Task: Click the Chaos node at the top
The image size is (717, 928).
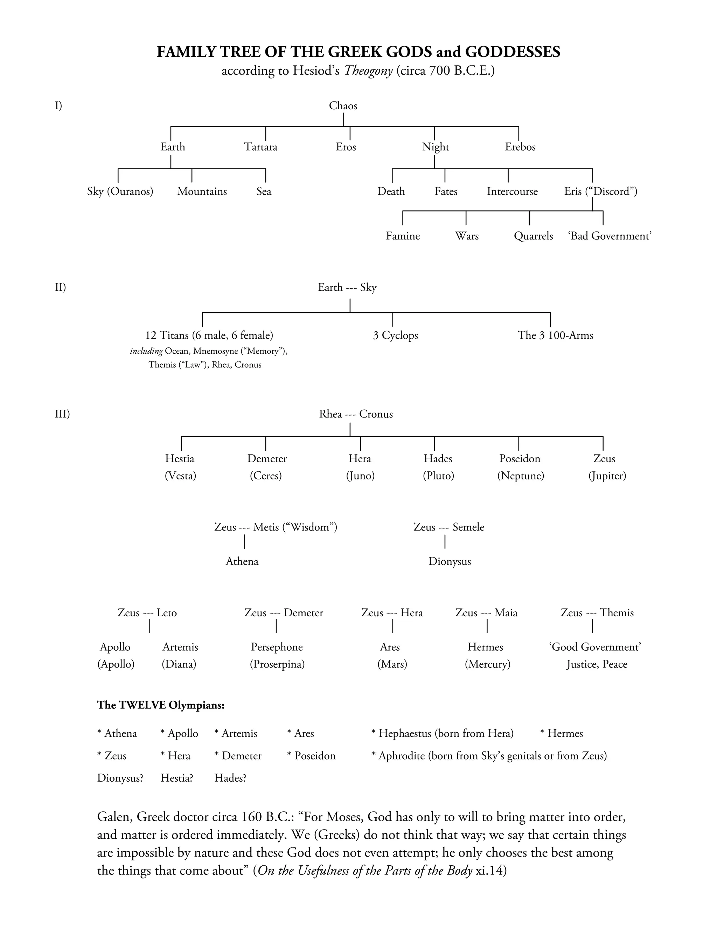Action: [x=343, y=106]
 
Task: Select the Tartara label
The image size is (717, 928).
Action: [x=260, y=147]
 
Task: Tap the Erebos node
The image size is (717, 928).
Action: [x=520, y=147]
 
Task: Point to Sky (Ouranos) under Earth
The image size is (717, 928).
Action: [x=120, y=192]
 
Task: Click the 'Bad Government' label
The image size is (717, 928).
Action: [x=610, y=236]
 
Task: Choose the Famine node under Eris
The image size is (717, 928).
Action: [x=402, y=236]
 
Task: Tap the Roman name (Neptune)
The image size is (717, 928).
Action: [x=520, y=476]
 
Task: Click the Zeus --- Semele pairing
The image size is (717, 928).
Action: [x=448, y=527]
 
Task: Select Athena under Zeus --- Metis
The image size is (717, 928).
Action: [x=242, y=562]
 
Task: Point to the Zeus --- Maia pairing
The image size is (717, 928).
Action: [x=486, y=613]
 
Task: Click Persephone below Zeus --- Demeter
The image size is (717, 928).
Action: [x=277, y=647]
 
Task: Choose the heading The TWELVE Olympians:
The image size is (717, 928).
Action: [x=161, y=705]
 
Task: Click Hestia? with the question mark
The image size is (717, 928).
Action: [x=177, y=778]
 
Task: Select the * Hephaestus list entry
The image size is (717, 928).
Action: [x=442, y=733]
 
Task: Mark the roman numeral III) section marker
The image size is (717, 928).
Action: [x=62, y=414]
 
